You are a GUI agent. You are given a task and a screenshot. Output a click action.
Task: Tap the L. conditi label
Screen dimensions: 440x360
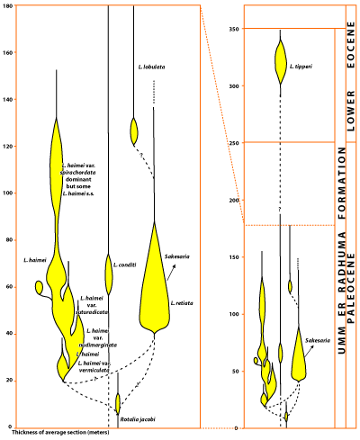coord(125,265)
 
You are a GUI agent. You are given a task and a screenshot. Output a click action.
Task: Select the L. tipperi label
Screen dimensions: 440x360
coord(301,66)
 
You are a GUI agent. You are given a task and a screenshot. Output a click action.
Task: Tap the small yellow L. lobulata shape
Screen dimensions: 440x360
coord(135,130)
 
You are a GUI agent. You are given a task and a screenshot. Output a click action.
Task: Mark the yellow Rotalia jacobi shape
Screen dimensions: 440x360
coord(118,402)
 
